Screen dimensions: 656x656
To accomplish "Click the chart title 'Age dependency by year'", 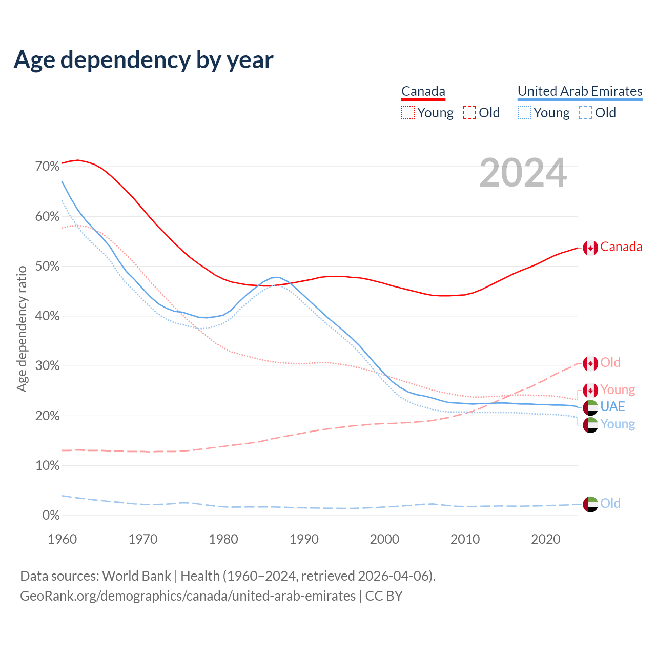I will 143,60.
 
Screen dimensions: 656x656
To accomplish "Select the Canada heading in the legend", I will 423,91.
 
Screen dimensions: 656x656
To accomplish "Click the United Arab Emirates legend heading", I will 580,91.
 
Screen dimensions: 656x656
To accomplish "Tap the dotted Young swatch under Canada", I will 408,113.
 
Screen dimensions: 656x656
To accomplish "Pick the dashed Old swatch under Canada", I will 469,113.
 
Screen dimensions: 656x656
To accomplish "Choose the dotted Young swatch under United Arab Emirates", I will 524,113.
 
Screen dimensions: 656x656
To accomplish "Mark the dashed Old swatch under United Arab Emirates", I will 586,113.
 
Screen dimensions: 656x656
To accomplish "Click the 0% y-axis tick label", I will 51,516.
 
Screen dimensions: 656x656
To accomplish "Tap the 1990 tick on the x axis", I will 304,539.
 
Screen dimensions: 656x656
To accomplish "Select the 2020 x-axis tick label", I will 546,539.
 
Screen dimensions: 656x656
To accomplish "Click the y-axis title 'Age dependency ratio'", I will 22,329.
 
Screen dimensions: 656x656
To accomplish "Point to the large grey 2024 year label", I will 523,173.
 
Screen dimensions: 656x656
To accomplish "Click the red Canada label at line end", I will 621,247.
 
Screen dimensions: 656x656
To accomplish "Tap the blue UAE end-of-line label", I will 612,407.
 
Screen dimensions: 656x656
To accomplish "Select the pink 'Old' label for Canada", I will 610,363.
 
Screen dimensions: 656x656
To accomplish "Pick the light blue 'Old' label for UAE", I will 610,504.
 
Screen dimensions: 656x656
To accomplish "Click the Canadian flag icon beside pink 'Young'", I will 590,391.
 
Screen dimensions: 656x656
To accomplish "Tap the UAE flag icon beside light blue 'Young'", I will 590,425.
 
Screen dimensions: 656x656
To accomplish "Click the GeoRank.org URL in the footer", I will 188,596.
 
